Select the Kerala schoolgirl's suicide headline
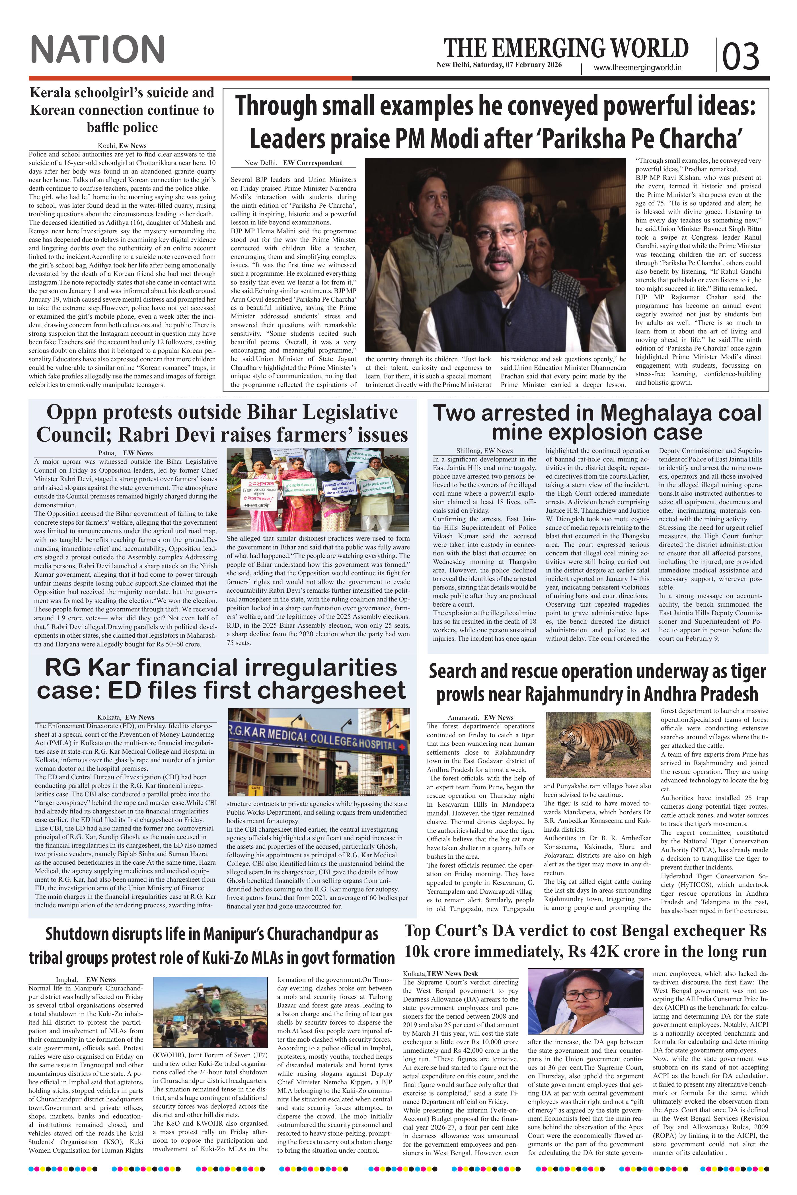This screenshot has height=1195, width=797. click(x=122, y=110)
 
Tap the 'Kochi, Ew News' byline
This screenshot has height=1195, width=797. click(x=122, y=146)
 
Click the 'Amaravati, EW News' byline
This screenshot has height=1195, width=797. click(x=480, y=717)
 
